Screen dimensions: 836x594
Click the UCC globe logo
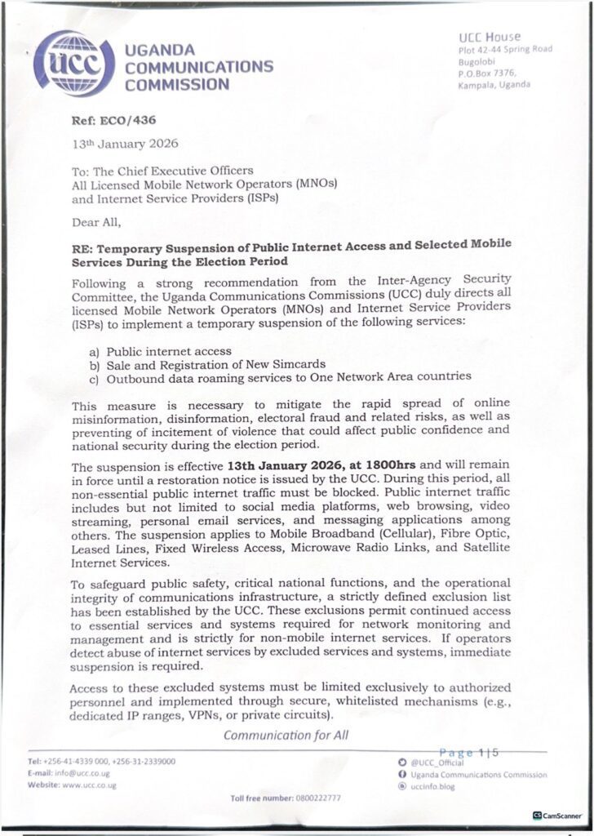click(x=74, y=62)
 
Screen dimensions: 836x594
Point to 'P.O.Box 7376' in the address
click(x=486, y=73)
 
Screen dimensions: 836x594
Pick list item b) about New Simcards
click(x=204, y=363)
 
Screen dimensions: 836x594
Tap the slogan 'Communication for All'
click(x=286, y=735)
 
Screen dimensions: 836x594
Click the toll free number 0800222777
click(x=309, y=798)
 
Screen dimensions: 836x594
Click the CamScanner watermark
click(x=559, y=815)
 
